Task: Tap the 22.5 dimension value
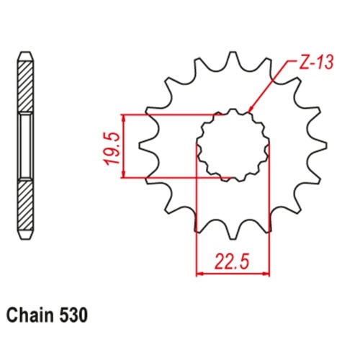pos(233,259)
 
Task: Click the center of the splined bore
pos(233,144)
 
